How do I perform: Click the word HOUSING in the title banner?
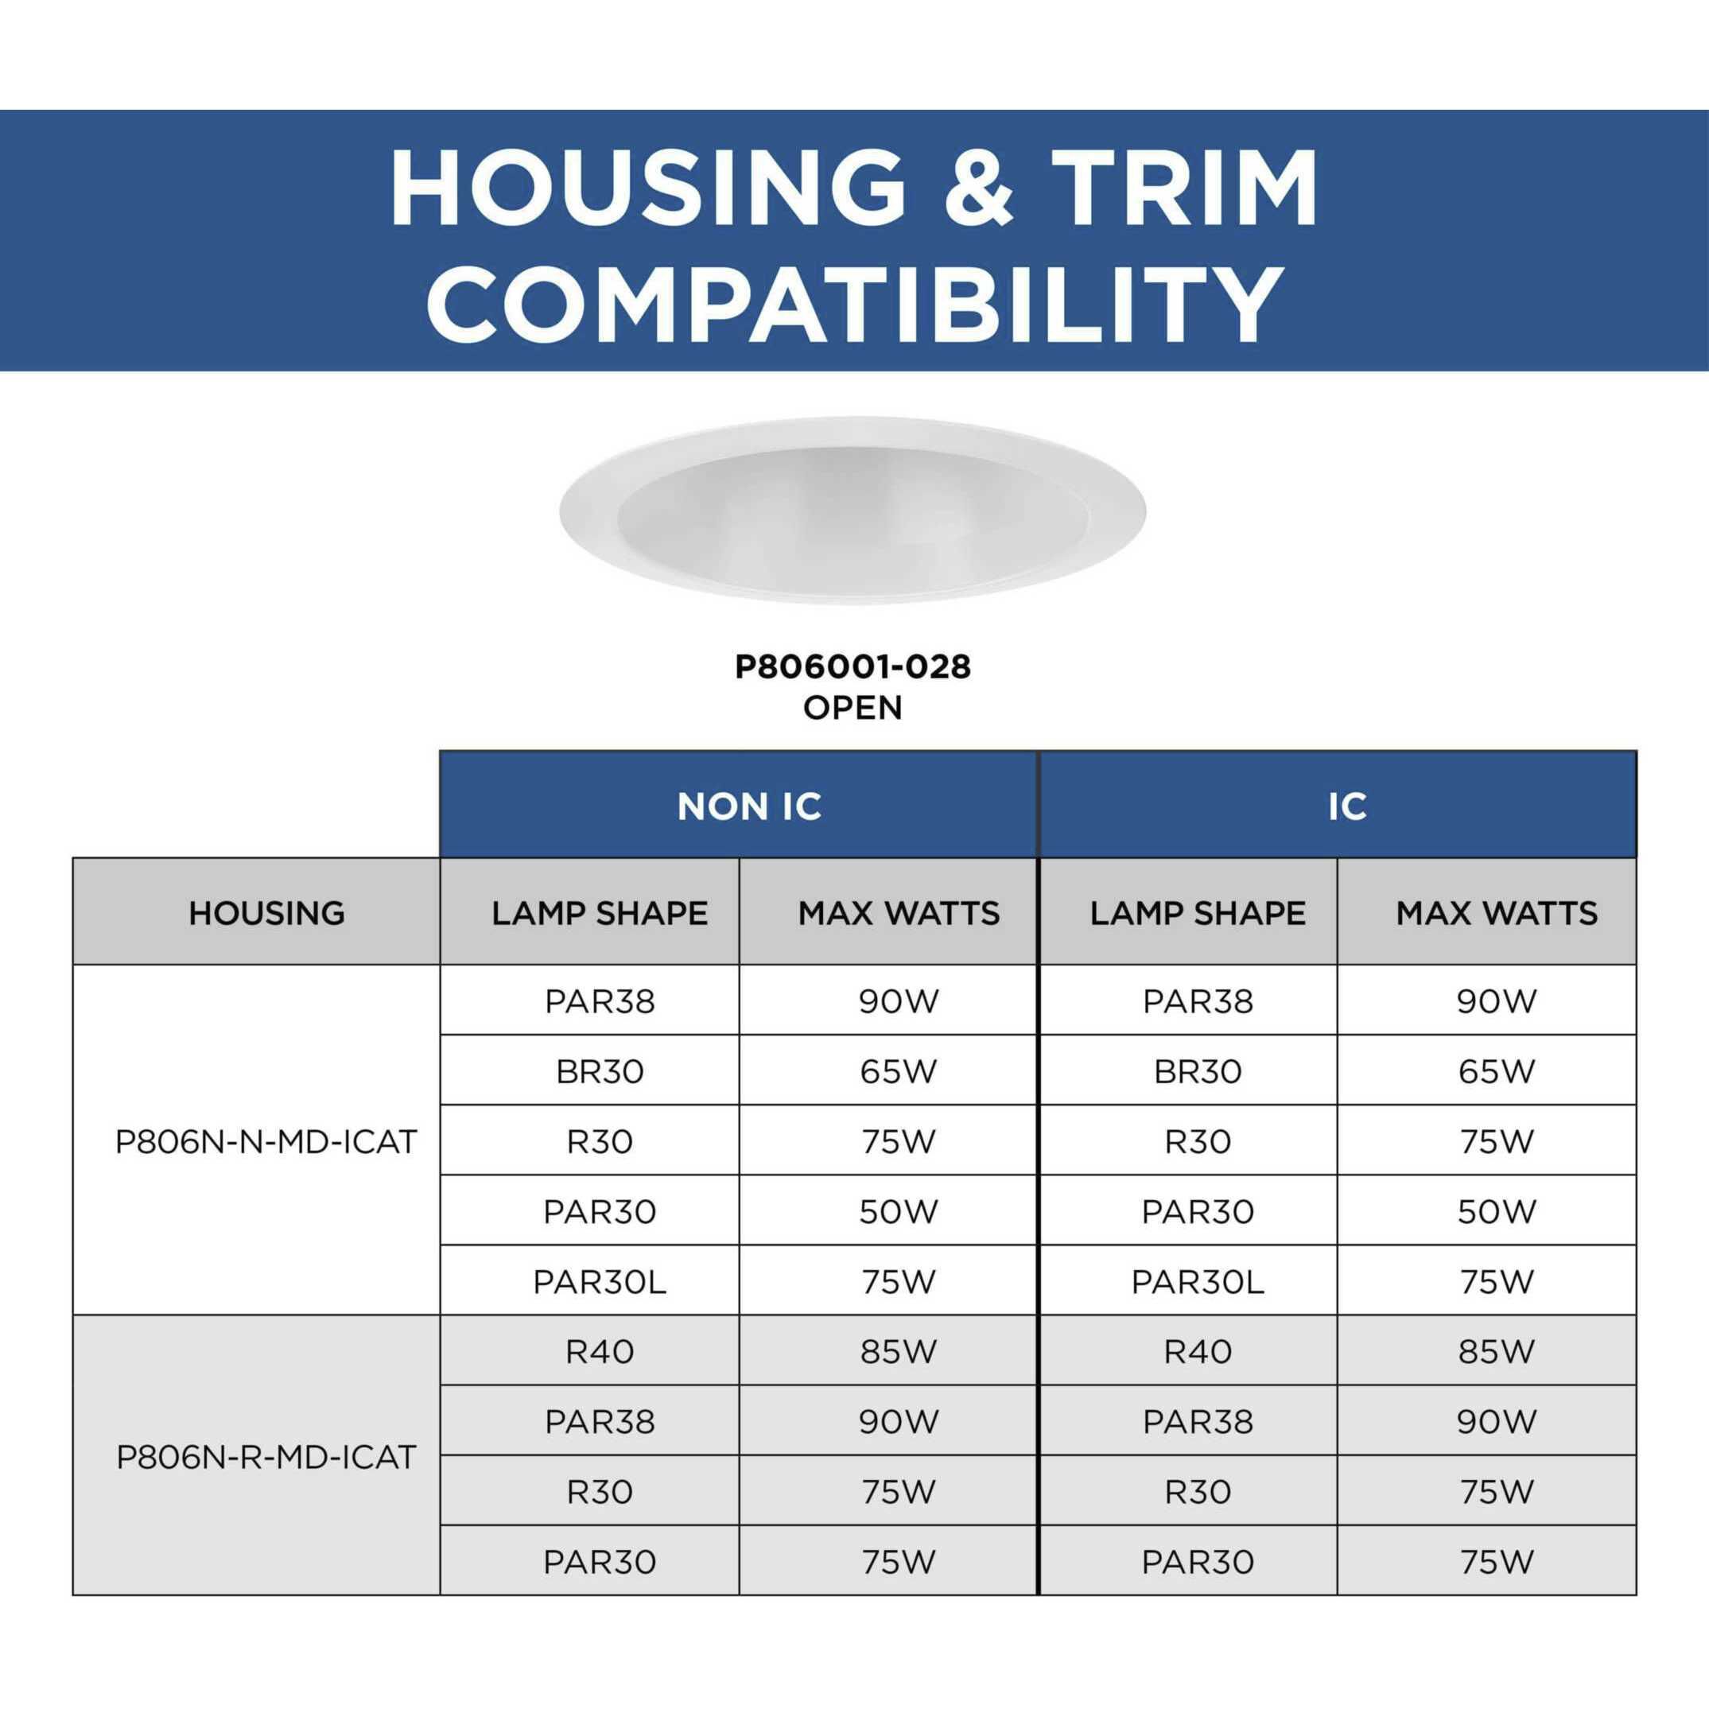[x=648, y=188]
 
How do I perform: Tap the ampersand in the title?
[x=978, y=188]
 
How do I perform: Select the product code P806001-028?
[x=853, y=667]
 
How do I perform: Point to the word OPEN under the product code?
[x=853, y=708]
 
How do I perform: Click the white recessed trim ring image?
[x=853, y=511]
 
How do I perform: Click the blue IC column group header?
[x=1338, y=805]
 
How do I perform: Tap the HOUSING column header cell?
[x=257, y=911]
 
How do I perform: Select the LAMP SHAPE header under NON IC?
[x=590, y=911]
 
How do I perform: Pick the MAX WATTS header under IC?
[x=1487, y=911]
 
